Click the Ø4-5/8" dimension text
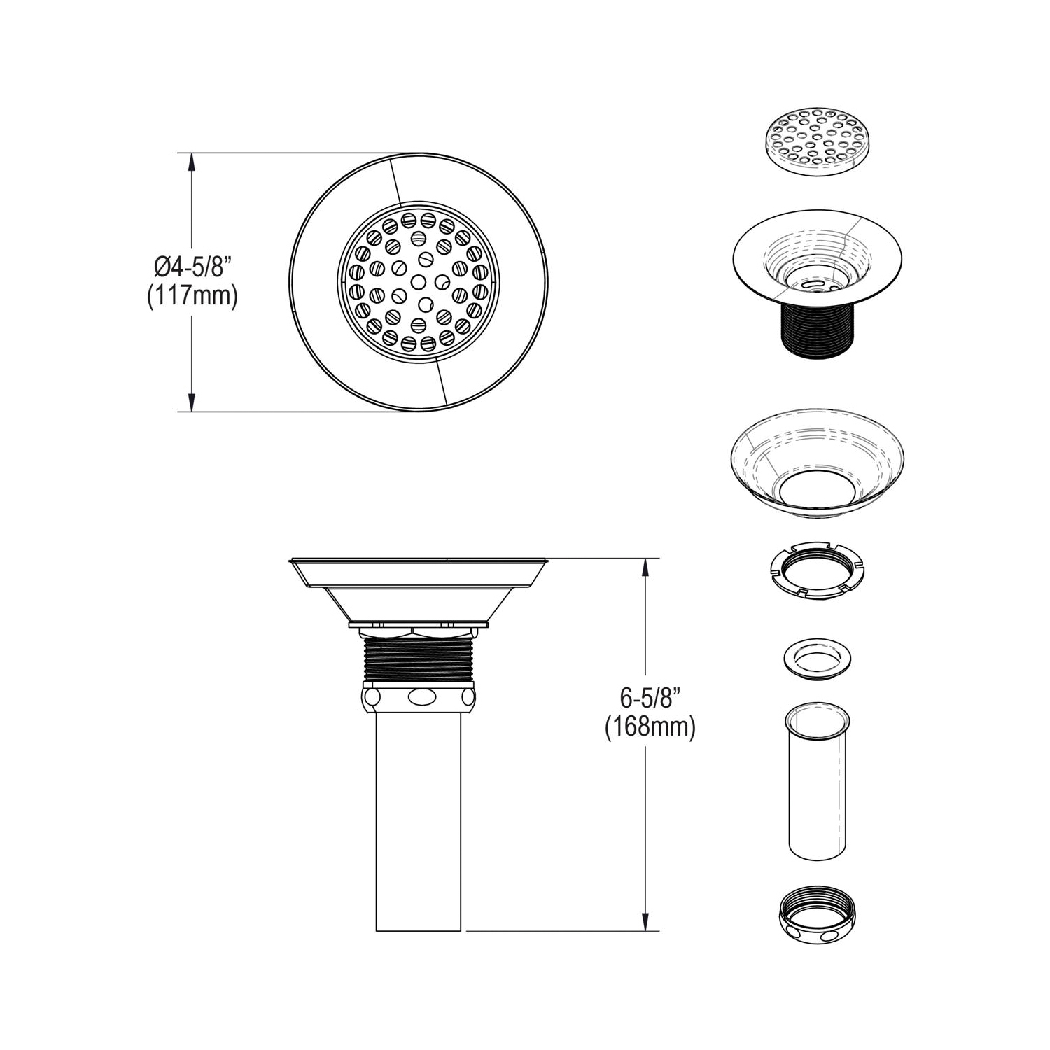(192, 267)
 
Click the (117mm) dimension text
(192, 296)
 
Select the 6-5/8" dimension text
(650, 698)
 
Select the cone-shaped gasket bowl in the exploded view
(816, 470)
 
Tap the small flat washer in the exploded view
(816, 657)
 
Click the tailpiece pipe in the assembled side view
(418, 820)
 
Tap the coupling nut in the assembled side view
(418, 696)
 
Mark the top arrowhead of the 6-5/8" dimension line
(645, 568)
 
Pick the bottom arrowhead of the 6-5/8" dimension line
(645, 921)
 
